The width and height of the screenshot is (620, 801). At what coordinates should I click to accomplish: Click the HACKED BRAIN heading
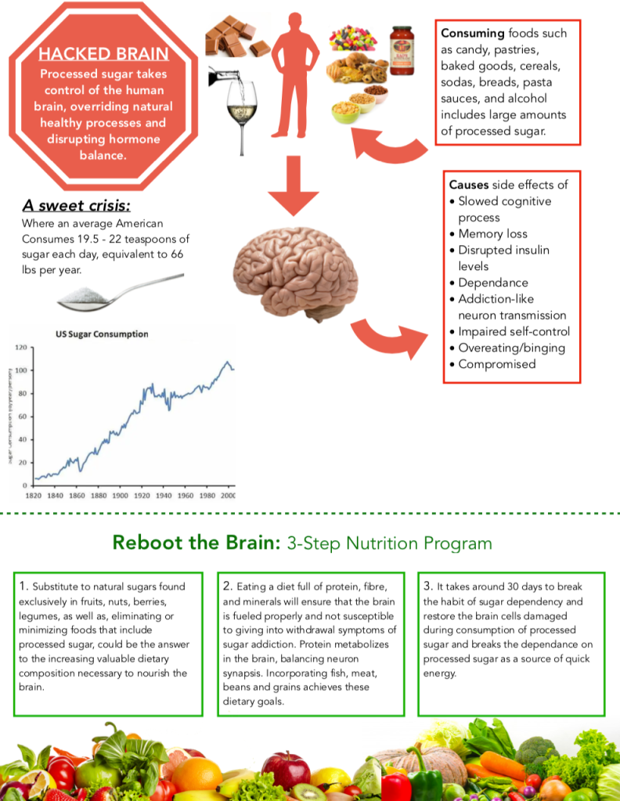point(103,54)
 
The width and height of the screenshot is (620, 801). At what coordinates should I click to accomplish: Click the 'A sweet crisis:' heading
point(76,206)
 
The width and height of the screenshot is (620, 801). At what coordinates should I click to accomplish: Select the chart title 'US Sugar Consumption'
point(102,334)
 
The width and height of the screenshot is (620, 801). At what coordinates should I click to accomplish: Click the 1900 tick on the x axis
point(120,496)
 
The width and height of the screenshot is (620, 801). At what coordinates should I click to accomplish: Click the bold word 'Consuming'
point(473,34)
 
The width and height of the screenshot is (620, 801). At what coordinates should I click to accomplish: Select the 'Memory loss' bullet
point(492,233)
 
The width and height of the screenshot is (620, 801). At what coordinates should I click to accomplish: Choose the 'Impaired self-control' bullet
point(514,331)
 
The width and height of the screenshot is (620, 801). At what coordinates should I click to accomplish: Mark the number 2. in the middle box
point(227,586)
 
